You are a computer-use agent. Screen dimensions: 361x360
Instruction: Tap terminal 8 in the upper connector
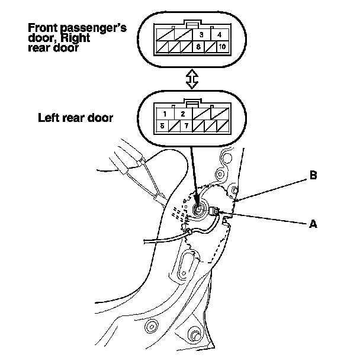pyautogui.click(x=201, y=45)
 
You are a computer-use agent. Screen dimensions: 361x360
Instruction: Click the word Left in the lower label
pyautogui.click(x=47, y=117)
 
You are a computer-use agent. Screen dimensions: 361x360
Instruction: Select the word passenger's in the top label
pyautogui.click(x=93, y=28)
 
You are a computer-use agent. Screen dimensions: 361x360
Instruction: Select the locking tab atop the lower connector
pyautogui.click(x=191, y=102)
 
